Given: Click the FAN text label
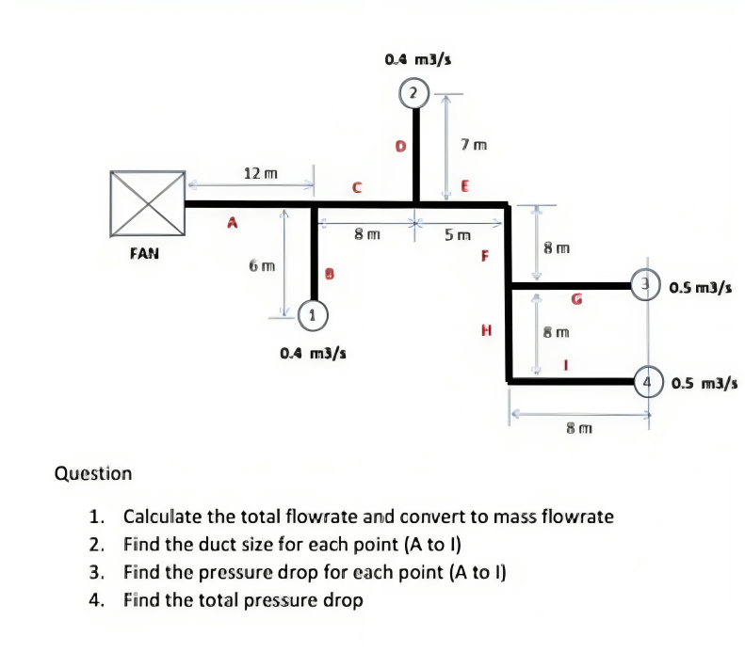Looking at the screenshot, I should (x=145, y=253).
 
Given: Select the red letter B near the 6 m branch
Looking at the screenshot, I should (x=331, y=274).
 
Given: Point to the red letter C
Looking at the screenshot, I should (x=356, y=187).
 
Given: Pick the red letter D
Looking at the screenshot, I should (x=400, y=147).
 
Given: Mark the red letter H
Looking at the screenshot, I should (x=486, y=330).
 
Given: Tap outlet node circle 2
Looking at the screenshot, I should (x=413, y=93).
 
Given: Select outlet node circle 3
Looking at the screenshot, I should (x=648, y=283).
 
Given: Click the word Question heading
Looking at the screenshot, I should (x=94, y=472).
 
